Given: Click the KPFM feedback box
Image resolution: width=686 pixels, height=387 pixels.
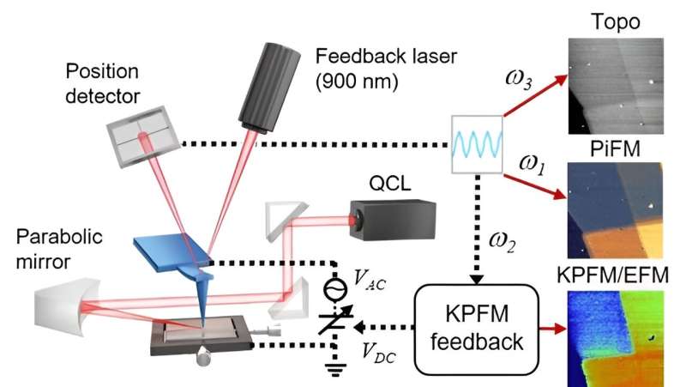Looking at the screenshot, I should click(x=477, y=328).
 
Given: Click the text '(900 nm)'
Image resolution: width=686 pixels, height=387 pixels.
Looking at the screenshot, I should click(x=352, y=83).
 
